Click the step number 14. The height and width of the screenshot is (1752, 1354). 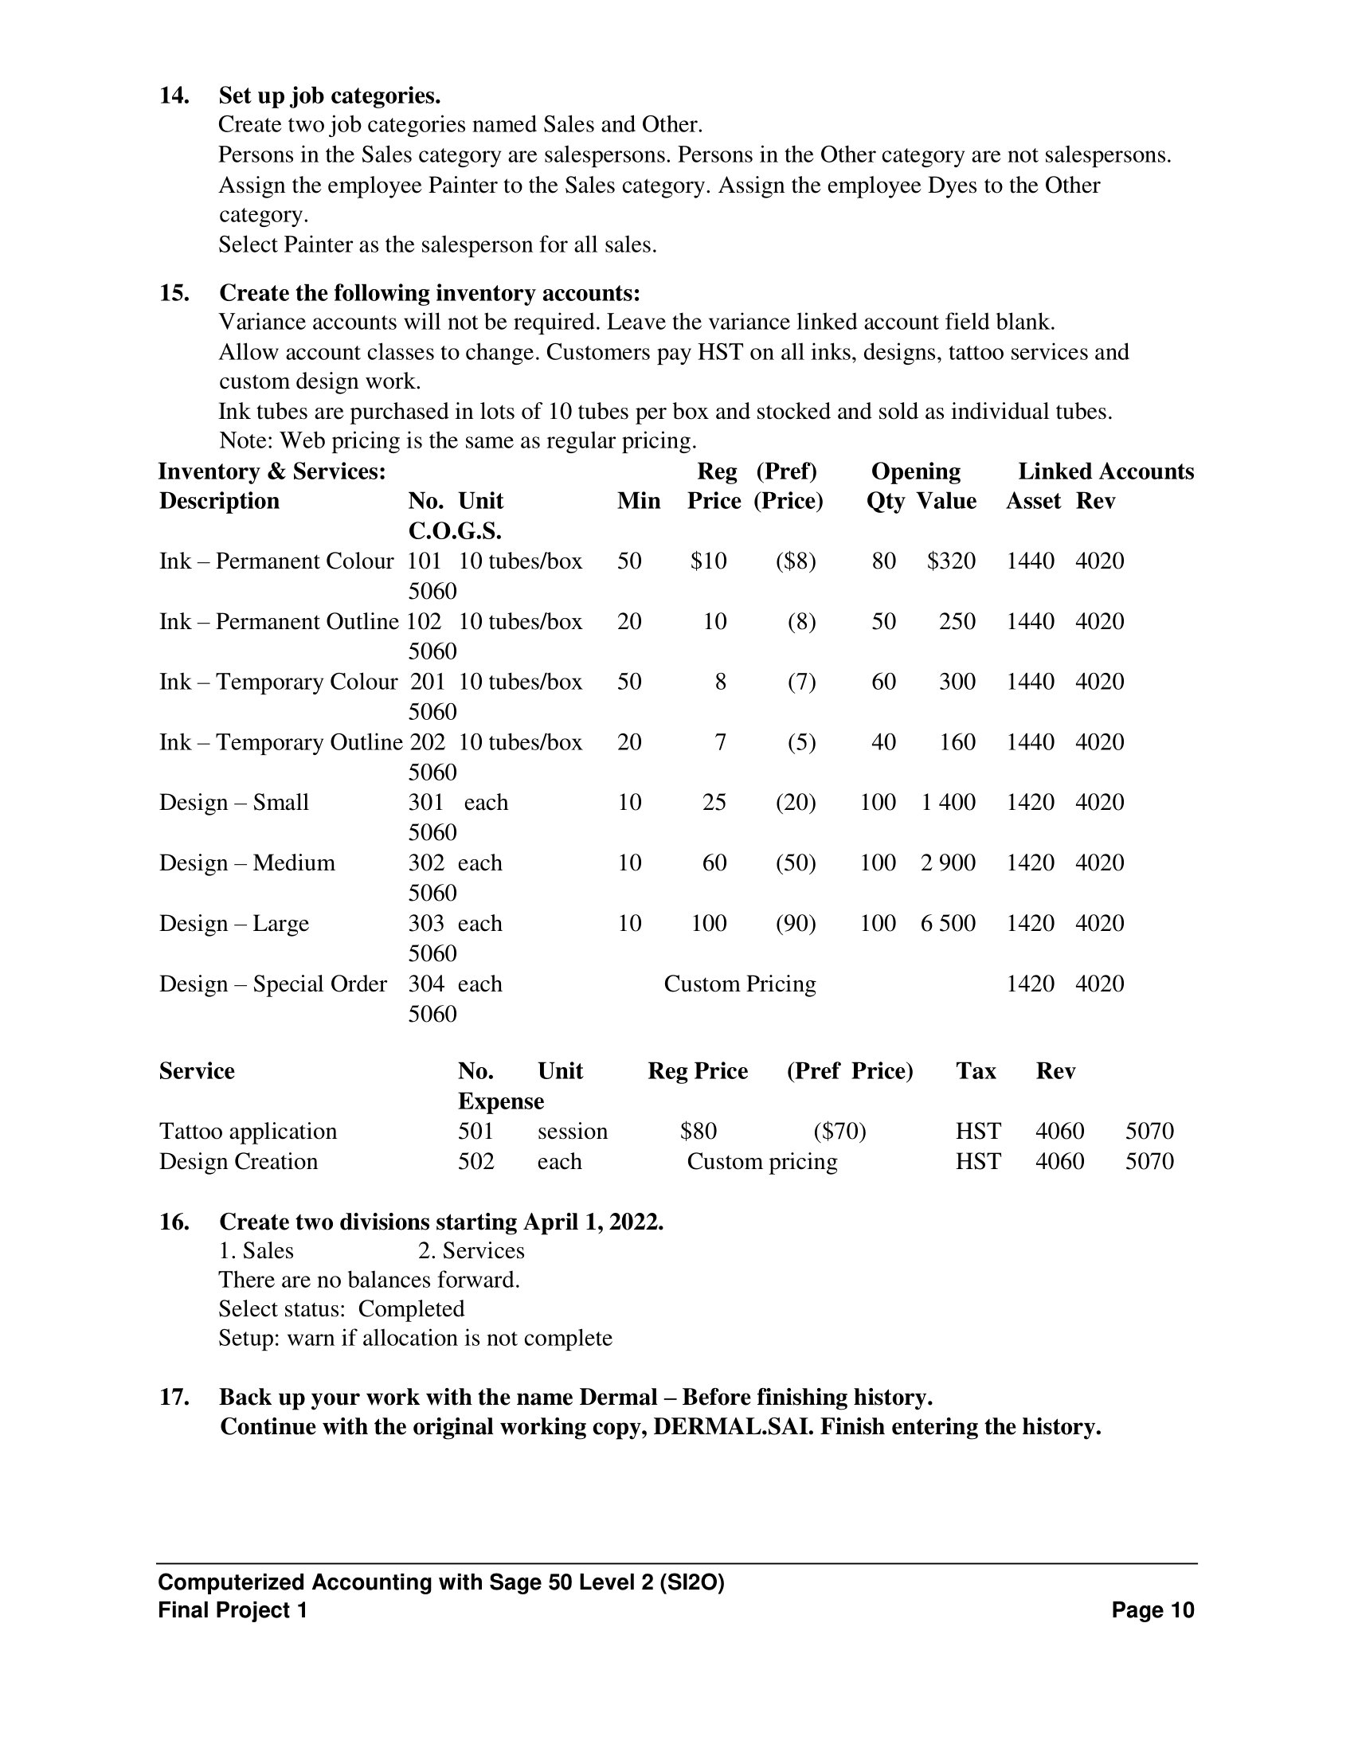[174, 96]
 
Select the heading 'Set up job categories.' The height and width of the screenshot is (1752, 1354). [330, 96]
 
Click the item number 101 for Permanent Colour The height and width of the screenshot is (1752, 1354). [425, 561]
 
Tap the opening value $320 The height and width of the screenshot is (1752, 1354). [950, 561]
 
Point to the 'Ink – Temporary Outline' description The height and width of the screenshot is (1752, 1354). [280, 742]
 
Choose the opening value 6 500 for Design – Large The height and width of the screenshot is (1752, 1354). [947, 923]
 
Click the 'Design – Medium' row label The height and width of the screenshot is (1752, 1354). [247, 863]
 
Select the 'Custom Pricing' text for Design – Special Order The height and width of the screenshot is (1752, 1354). [740, 984]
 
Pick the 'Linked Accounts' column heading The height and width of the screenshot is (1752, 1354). [1106, 471]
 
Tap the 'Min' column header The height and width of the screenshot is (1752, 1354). [639, 502]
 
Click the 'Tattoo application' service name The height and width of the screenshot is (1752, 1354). [248, 1132]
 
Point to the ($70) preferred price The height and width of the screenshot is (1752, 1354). [839, 1132]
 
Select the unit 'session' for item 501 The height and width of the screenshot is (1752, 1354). [572, 1132]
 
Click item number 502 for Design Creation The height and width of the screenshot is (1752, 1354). [475, 1162]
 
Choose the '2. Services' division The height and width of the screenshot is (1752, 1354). [471, 1250]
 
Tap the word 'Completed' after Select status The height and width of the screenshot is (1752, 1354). [411, 1309]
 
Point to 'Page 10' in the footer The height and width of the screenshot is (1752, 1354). [1152, 1610]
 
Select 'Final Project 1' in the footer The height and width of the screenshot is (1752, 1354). [233, 1610]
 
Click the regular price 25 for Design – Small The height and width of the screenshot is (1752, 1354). [714, 803]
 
